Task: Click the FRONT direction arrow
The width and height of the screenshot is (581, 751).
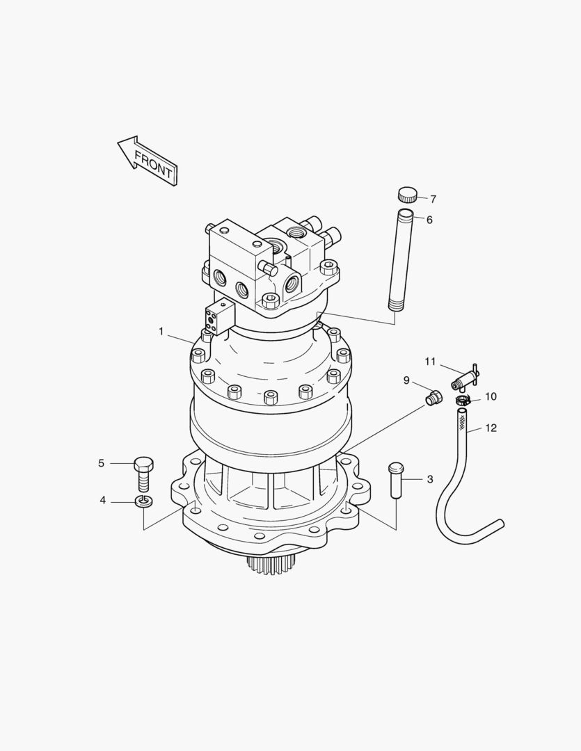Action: pyautogui.click(x=148, y=161)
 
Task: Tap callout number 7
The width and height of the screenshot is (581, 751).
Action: pyautogui.click(x=433, y=199)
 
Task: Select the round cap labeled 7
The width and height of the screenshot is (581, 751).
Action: pyautogui.click(x=407, y=195)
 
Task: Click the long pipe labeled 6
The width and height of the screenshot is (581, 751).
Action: pyautogui.click(x=400, y=259)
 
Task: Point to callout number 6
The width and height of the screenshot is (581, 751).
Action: pyautogui.click(x=429, y=220)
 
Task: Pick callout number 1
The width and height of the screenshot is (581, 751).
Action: pyautogui.click(x=161, y=332)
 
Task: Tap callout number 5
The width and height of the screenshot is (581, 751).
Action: pyautogui.click(x=101, y=463)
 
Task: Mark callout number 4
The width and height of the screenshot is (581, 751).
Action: pyautogui.click(x=102, y=501)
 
